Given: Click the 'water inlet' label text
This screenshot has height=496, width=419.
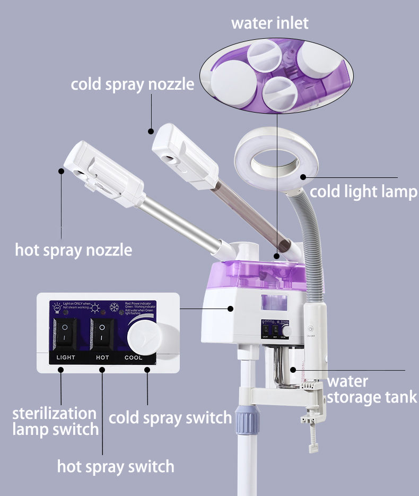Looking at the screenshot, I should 269,23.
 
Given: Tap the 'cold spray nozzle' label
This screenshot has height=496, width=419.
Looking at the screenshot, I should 133,84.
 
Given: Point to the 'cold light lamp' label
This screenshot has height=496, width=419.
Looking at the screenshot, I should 363,191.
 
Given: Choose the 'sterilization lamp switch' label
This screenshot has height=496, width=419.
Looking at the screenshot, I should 55,421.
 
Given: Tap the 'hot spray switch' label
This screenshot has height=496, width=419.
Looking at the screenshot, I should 116,467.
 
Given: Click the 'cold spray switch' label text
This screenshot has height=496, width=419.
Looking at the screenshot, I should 170,417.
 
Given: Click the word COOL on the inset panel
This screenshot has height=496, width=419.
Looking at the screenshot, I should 134,357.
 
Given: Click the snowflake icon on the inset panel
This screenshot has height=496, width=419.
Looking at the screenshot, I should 114,307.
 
